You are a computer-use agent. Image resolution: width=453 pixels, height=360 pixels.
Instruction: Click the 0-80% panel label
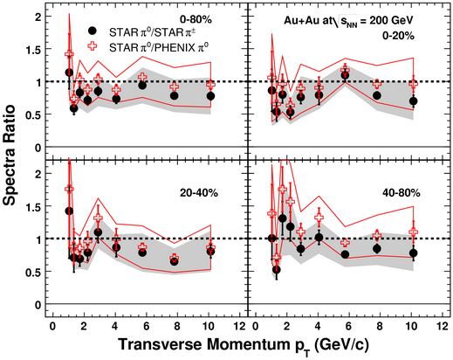196,19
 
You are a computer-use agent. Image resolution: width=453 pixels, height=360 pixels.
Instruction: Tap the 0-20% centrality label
399,36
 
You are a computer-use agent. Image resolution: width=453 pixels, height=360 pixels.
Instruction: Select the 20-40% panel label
199,193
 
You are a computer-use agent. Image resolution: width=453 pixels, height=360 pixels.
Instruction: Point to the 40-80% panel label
402,193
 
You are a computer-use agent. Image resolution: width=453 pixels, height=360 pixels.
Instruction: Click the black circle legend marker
93,31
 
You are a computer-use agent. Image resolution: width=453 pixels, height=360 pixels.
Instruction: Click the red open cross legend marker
93,46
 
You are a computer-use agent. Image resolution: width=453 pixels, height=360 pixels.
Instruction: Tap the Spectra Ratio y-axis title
9,156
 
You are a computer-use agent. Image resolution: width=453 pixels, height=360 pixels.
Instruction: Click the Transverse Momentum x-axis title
244,345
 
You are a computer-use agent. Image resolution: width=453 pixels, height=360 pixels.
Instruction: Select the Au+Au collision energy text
348,20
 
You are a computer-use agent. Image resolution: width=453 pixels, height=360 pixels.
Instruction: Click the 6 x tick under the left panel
147,326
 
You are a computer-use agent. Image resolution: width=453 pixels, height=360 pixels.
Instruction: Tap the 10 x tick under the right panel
411,326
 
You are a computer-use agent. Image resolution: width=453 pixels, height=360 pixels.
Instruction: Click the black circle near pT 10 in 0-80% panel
210,96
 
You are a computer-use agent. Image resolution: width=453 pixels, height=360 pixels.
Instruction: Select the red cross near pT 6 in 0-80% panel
142,77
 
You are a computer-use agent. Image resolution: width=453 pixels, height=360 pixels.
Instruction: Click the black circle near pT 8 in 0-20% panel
377,95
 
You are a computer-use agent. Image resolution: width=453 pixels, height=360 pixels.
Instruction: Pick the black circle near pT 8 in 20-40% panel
174,261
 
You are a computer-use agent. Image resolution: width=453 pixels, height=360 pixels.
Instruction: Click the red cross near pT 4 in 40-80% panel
319,218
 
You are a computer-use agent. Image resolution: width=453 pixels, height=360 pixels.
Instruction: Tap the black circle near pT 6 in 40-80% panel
345,254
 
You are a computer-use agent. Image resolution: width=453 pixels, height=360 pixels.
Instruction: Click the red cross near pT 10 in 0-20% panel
414,83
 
